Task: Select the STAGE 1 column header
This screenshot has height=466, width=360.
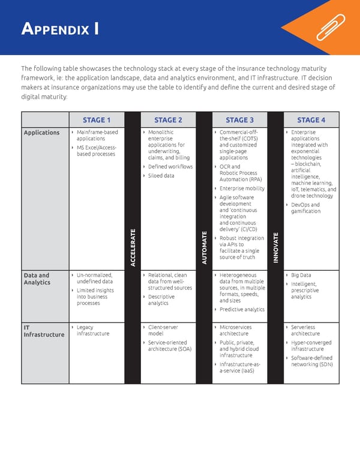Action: [x=97, y=120]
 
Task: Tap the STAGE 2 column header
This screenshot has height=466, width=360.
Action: [x=168, y=120]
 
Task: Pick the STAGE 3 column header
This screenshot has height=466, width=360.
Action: [x=239, y=120]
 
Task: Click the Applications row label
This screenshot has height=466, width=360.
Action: [x=41, y=133]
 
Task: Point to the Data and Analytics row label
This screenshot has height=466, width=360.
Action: [x=37, y=279]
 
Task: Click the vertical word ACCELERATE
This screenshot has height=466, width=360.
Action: [x=133, y=248]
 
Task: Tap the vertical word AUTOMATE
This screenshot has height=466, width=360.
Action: [x=205, y=249]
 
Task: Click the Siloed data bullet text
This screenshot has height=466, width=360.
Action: [x=161, y=176]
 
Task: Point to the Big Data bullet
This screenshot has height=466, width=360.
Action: [x=301, y=275]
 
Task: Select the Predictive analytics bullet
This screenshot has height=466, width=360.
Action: [x=242, y=309]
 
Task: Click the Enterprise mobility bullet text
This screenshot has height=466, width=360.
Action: [x=242, y=189]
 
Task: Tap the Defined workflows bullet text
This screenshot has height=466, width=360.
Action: [x=170, y=166]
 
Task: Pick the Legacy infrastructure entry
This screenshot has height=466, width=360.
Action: [x=93, y=330]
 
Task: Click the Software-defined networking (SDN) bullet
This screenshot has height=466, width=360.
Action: [x=311, y=361]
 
